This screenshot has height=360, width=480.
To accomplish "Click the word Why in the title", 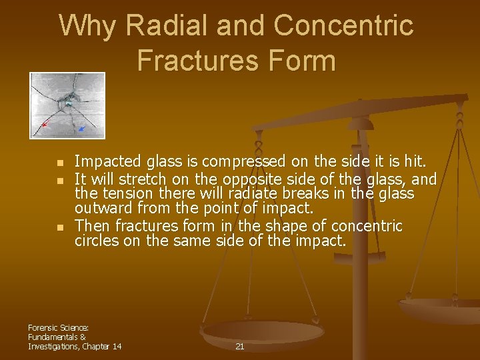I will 87,27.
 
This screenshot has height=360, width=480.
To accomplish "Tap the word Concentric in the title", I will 343,27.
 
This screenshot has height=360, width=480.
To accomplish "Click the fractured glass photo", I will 67,105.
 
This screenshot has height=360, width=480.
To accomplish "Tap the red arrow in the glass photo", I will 45,124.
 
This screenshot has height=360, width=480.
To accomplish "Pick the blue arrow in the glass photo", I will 81,127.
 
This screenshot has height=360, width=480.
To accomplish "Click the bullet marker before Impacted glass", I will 60,163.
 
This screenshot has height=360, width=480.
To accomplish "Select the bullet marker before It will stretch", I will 60,180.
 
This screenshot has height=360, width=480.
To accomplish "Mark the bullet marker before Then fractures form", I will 60,227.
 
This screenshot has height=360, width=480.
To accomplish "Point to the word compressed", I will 236,162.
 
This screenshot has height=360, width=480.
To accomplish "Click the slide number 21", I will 240,347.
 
